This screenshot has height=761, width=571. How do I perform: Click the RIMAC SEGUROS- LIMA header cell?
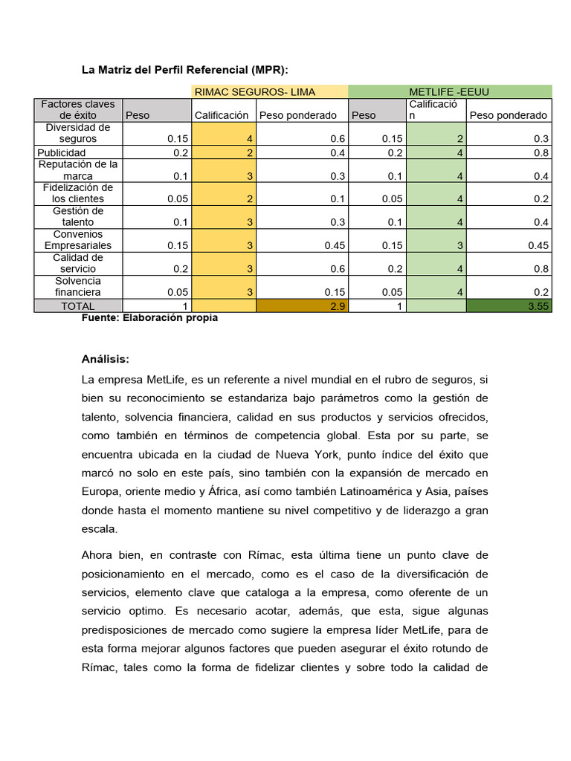click(x=254, y=91)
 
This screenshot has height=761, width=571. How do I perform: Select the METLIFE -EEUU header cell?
click(x=449, y=91)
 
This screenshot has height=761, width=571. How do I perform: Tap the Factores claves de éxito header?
click(x=78, y=109)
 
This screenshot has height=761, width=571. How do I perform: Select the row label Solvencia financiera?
click(x=78, y=286)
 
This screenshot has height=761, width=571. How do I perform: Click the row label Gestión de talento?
click(x=78, y=216)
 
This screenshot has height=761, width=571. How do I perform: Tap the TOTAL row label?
click(x=78, y=305)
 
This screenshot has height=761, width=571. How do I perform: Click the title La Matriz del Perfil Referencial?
click(x=184, y=70)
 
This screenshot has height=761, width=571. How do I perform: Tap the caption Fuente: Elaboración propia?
click(x=149, y=318)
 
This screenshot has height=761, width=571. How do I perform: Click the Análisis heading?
click(x=105, y=359)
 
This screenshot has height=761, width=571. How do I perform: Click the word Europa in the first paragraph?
click(x=100, y=490)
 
